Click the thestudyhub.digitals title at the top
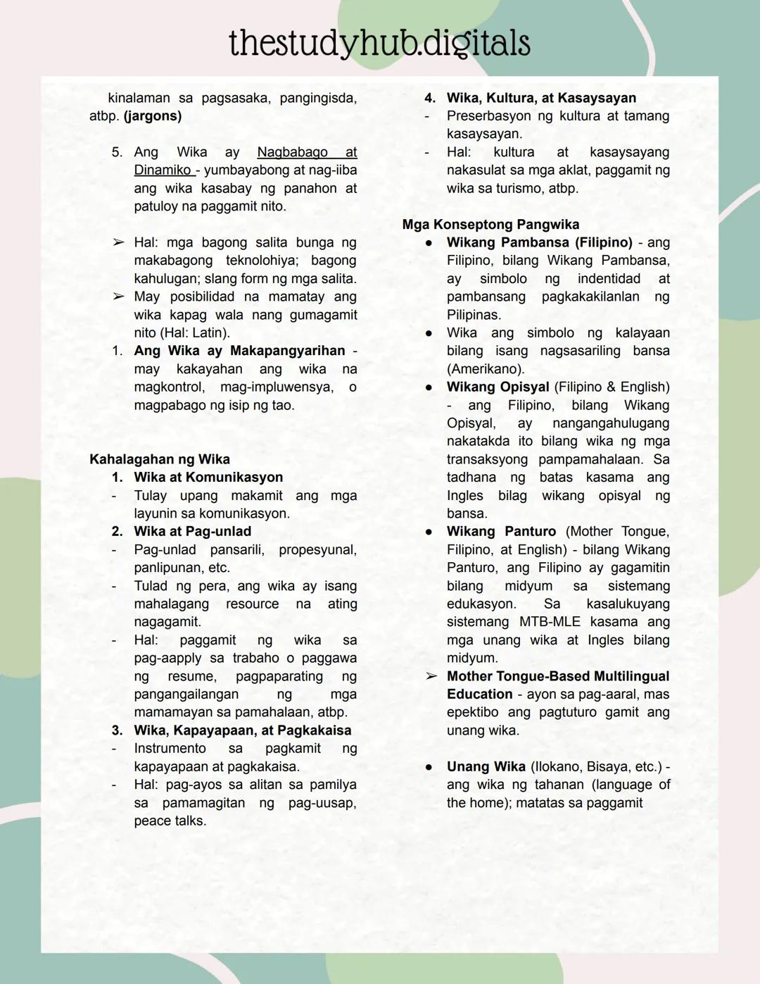[379, 44]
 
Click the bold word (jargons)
[153, 116]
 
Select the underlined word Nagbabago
[292, 152]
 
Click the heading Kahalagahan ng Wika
[160, 459]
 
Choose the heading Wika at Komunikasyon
[208, 478]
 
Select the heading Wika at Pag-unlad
[192, 532]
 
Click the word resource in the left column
[252, 604]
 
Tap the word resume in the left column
[191, 676]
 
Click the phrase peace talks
[170, 821]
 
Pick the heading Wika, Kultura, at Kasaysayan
[541, 98]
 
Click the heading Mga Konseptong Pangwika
[490, 225]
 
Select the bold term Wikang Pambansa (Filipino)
[539, 242]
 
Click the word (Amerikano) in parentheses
[486, 369]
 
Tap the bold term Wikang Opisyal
[498, 387]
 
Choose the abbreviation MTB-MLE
[550, 622]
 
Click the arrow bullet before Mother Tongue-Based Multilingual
[431, 676]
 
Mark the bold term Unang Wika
[486, 766]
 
